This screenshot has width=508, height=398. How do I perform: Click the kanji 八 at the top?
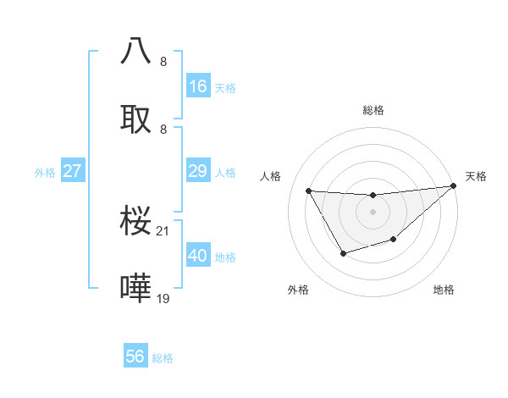click(136, 50)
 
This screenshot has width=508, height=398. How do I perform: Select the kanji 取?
click(136, 119)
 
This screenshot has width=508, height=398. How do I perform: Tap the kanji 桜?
click(136, 220)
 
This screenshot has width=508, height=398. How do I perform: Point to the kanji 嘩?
click(136, 288)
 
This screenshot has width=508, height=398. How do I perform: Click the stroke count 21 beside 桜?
click(164, 230)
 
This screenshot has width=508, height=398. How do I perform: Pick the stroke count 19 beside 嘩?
click(164, 298)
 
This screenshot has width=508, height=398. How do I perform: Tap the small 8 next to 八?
click(163, 61)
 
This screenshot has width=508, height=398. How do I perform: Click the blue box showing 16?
click(198, 86)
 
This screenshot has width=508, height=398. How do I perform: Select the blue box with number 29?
click(198, 171)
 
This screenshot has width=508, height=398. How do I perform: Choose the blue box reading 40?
click(198, 256)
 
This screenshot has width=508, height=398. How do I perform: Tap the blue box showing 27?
click(73, 171)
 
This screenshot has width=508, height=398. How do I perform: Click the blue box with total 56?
click(135, 357)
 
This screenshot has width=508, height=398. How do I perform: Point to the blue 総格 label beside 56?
click(163, 358)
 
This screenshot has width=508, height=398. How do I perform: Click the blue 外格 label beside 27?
click(45, 173)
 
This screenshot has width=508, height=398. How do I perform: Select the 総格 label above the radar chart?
click(373, 110)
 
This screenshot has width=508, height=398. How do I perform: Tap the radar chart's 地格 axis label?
click(444, 290)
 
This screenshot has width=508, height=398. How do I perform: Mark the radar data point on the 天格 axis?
click(454, 186)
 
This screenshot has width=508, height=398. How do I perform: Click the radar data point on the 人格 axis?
click(309, 191)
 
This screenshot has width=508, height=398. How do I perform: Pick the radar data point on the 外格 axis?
click(343, 253)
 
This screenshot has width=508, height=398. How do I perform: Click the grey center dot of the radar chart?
click(373, 212)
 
